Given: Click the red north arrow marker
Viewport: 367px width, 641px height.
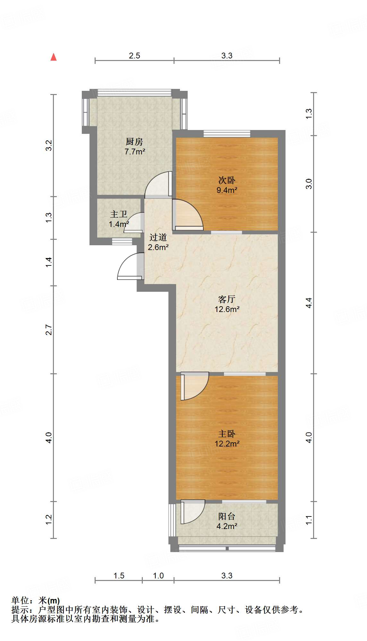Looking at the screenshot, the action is click(x=54, y=57).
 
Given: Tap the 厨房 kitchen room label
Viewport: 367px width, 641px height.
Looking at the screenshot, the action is click(x=134, y=146).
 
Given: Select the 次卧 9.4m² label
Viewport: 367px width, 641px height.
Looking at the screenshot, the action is click(x=227, y=185).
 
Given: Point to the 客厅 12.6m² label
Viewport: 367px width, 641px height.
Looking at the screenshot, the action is click(x=227, y=304).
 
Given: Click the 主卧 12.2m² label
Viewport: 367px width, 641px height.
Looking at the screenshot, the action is click(x=227, y=438).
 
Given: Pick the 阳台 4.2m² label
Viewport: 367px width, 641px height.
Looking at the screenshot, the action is click(x=227, y=521).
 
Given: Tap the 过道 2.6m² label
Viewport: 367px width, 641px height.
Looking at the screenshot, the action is click(x=158, y=242).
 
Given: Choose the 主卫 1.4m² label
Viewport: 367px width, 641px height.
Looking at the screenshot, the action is click(x=119, y=219).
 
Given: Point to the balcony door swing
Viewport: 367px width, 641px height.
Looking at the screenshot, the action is click(x=192, y=512).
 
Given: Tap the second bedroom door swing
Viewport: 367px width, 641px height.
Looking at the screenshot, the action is click(x=188, y=215).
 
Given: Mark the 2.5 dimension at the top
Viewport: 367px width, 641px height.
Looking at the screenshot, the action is click(x=134, y=56).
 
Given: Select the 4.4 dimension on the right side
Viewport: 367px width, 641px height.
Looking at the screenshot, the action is click(x=309, y=303).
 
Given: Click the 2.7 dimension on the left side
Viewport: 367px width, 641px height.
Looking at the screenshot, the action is click(x=48, y=330).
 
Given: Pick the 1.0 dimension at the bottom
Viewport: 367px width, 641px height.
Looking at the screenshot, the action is click(x=158, y=576).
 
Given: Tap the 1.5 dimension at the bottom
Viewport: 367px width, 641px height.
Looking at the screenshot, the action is click(x=119, y=576).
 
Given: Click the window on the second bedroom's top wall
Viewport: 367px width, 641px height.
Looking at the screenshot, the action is click(x=227, y=134).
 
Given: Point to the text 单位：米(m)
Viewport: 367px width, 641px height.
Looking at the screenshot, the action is click(x=36, y=600).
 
